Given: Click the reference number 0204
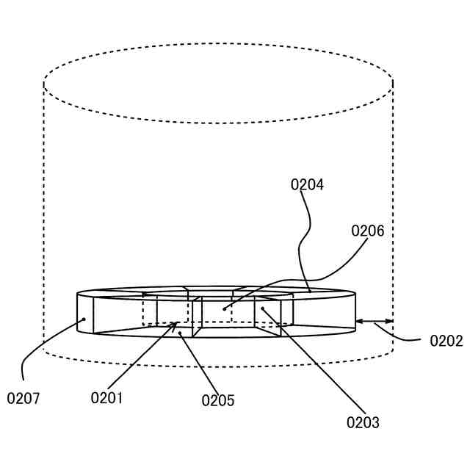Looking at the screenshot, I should click(307, 184).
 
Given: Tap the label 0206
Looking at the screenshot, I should click(367, 231).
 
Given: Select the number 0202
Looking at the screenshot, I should click(446, 341).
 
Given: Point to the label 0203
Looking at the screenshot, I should click(363, 422).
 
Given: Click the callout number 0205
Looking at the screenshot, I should click(218, 400).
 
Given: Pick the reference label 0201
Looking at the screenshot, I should click(106, 398).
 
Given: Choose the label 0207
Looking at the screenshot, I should click(23, 399).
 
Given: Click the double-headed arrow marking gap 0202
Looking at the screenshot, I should click(375, 321).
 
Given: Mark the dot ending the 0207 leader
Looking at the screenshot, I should click(84, 319).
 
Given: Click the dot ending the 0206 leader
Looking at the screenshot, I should click(224, 309).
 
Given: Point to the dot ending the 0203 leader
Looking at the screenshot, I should click(262, 309).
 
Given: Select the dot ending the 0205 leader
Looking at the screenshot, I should click(180, 333).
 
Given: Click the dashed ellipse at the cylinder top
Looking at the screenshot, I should click(218, 44).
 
